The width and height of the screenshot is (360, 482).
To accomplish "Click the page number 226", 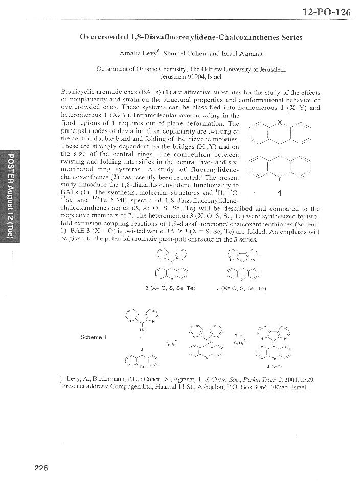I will tap(41, 466).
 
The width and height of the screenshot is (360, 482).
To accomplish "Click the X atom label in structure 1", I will tap(279, 123).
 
